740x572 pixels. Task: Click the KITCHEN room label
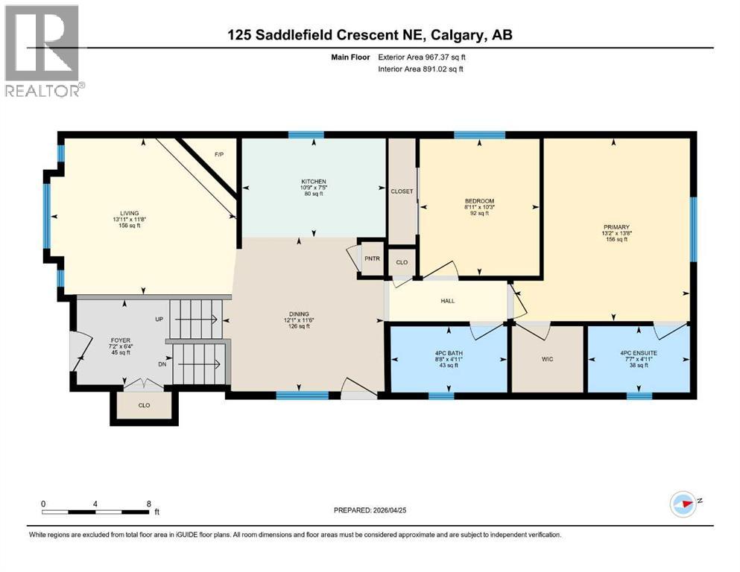(x=313, y=182)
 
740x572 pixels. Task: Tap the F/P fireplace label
(x=219, y=154)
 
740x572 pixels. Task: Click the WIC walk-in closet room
(x=547, y=358)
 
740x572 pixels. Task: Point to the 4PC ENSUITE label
(x=638, y=352)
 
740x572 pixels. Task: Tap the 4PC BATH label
(x=449, y=352)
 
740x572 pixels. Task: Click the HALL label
(x=447, y=301)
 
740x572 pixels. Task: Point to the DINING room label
(x=299, y=314)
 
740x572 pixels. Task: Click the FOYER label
(x=120, y=340)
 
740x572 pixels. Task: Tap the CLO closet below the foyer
(x=144, y=407)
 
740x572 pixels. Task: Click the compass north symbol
(x=683, y=503)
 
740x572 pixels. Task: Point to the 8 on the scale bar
(x=148, y=503)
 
